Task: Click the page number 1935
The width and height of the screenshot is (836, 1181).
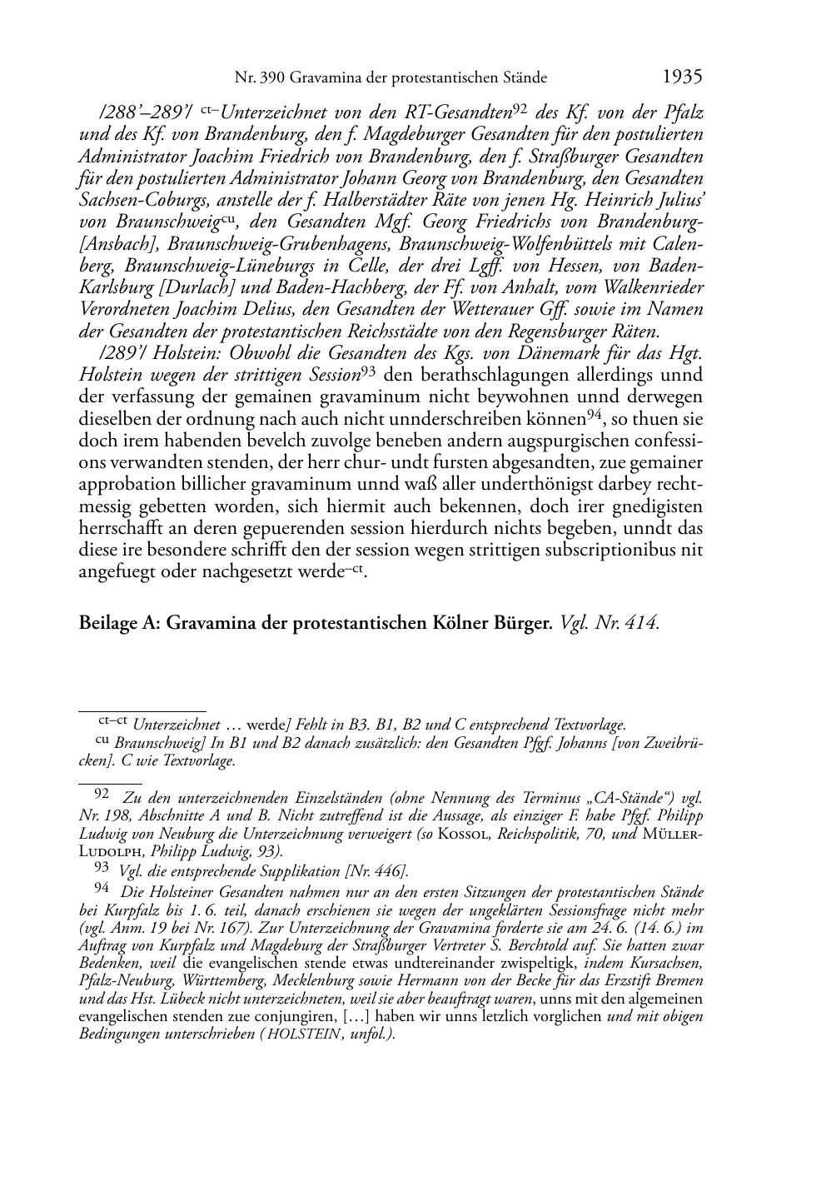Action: click(x=683, y=77)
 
